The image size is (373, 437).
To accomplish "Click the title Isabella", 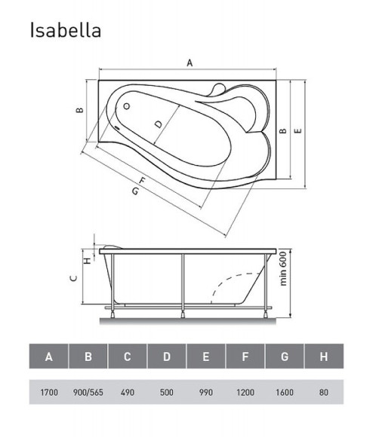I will click(66, 30).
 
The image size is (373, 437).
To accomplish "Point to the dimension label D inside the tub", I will click(157, 124).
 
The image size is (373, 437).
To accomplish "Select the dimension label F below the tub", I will click(142, 179).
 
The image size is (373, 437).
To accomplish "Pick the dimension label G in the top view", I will click(134, 191).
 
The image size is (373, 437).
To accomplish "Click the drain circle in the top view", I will click(127, 105).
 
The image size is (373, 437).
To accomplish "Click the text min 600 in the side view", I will click(283, 267).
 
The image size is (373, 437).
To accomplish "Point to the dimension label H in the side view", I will click(87, 261).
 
